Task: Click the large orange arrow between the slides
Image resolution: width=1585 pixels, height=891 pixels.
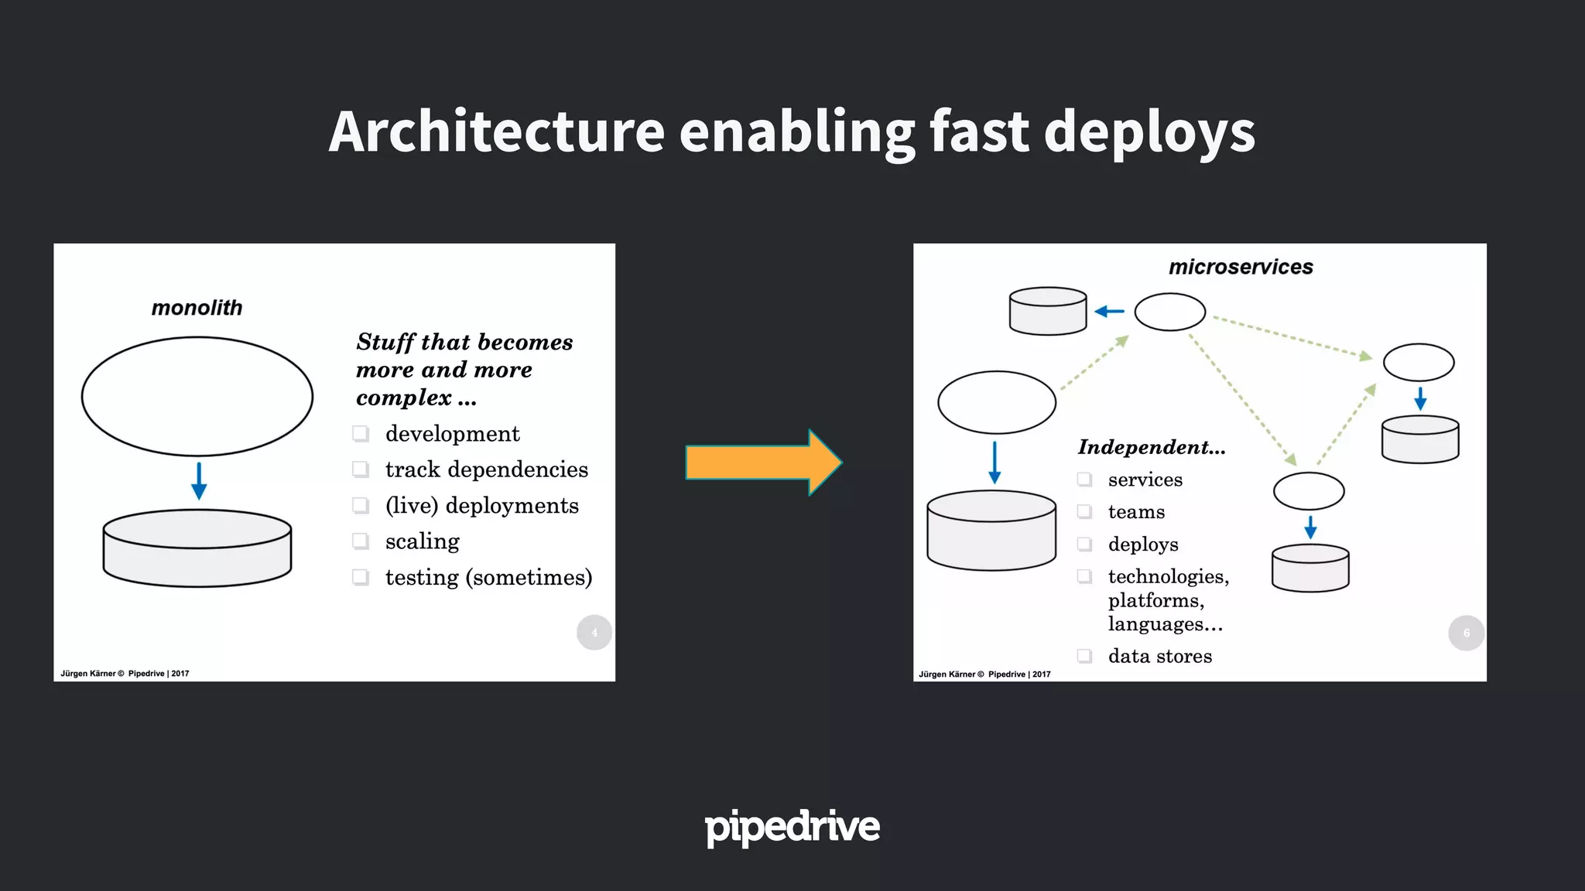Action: click(762, 463)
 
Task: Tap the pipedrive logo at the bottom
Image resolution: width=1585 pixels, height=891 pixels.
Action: click(792, 827)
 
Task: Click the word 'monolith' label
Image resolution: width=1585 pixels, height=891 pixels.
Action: click(197, 308)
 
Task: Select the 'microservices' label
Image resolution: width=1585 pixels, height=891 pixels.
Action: click(1241, 267)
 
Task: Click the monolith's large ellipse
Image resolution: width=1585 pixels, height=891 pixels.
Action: click(197, 396)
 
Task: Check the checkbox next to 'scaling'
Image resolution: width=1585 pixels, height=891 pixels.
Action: click(361, 541)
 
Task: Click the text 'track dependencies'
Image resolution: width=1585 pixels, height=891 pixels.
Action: click(486, 469)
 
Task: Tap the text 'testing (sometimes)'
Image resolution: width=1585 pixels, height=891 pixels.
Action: click(488, 577)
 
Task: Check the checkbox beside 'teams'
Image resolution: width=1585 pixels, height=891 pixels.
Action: click(1085, 512)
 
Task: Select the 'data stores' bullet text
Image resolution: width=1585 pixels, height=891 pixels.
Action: click(1159, 656)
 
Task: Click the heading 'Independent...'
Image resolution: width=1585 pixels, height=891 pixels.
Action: click(1152, 447)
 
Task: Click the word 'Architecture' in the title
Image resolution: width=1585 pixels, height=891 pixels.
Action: click(496, 131)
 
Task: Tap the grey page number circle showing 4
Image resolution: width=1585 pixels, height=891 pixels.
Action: click(594, 633)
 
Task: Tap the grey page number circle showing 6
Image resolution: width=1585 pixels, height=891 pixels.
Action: click(1466, 633)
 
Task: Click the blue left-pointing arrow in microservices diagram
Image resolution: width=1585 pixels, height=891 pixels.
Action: click(1110, 311)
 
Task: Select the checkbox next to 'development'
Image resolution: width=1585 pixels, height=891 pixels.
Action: click(361, 433)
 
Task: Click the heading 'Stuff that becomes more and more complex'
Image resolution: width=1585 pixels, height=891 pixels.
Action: click(464, 370)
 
